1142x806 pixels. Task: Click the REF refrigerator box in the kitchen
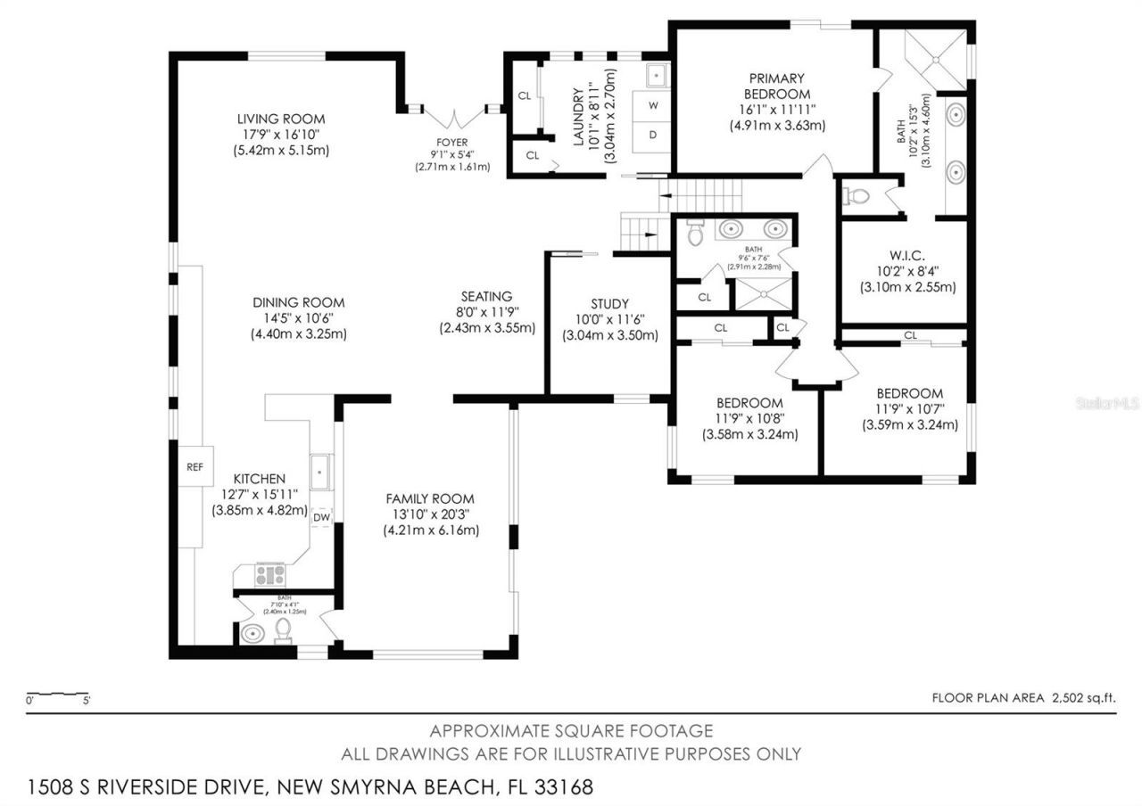194,466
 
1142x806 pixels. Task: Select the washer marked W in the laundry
653,105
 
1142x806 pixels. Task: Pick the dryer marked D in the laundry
653,135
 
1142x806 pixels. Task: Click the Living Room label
280,119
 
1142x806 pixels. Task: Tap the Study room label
609,303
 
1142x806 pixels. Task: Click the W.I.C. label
906,254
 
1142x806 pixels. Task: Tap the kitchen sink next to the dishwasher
320,470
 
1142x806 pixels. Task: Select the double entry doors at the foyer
455,117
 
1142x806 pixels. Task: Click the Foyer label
451,142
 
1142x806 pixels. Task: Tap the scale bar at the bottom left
58,695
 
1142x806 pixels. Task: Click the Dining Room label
298,302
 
